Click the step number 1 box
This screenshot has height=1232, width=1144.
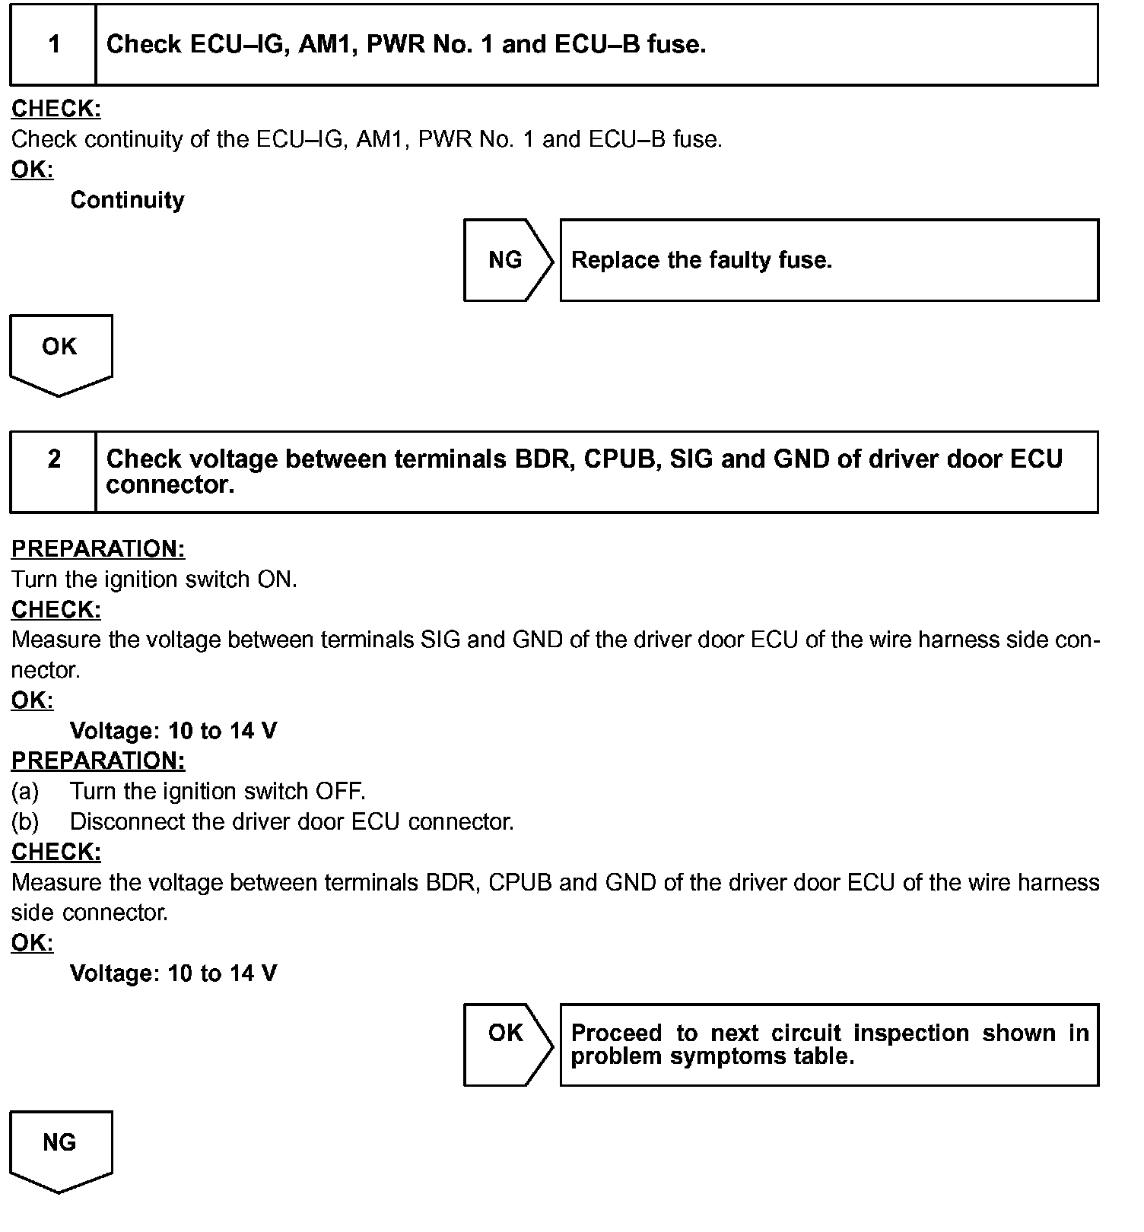[53, 45]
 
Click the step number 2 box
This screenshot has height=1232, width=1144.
[53, 472]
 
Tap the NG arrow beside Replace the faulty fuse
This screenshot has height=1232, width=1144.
[507, 261]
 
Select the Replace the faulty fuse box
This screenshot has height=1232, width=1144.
[828, 261]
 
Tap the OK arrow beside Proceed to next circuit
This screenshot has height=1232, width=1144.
[507, 1045]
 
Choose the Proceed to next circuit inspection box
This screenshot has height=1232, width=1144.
[828, 1045]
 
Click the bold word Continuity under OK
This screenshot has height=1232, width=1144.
[127, 200]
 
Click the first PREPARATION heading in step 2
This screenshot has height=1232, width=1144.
[98, 549]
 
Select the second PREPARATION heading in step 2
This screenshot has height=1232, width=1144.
[98, 760]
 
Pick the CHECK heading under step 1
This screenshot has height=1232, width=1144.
[56, 110]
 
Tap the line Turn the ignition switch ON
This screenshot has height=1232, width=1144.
[154, 579]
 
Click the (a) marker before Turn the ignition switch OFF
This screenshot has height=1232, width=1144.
[24, 792]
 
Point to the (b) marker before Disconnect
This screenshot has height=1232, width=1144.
[24, 822]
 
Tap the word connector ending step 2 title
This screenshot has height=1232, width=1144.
[170, 485]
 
